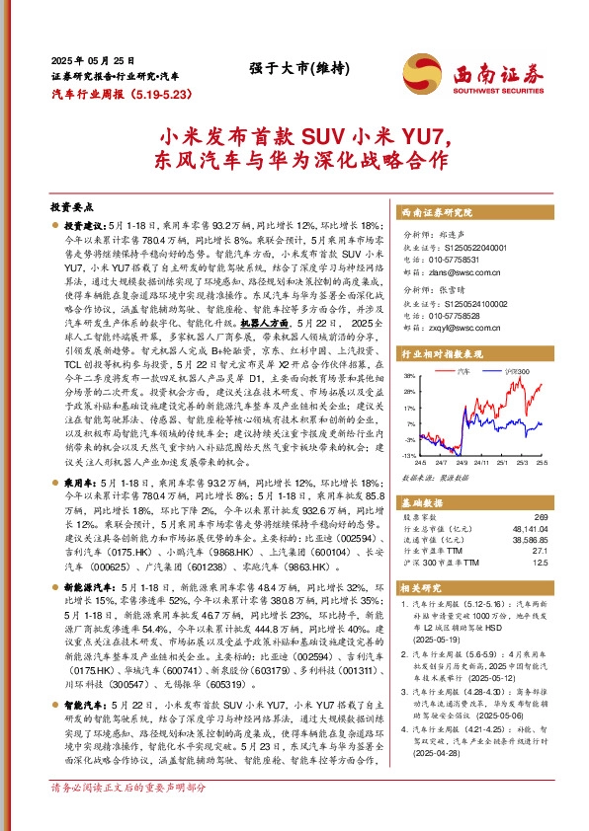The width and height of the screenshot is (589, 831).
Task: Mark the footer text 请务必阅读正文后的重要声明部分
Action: [128, 816]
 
